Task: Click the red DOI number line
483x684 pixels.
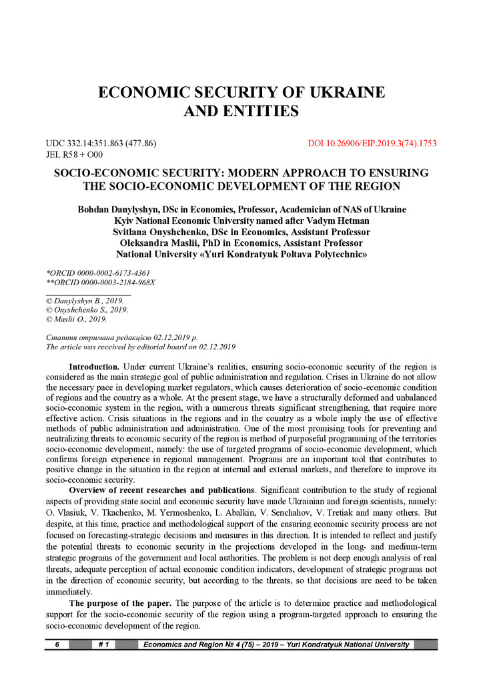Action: [x=372, y=143]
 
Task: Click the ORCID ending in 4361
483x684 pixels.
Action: [x=97, y=273]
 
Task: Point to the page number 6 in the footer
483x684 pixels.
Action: [x=57, y=645]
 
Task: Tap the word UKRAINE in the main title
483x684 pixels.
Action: [x=336, y=92]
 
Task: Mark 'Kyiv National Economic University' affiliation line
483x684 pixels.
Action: [x=241, y=220]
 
